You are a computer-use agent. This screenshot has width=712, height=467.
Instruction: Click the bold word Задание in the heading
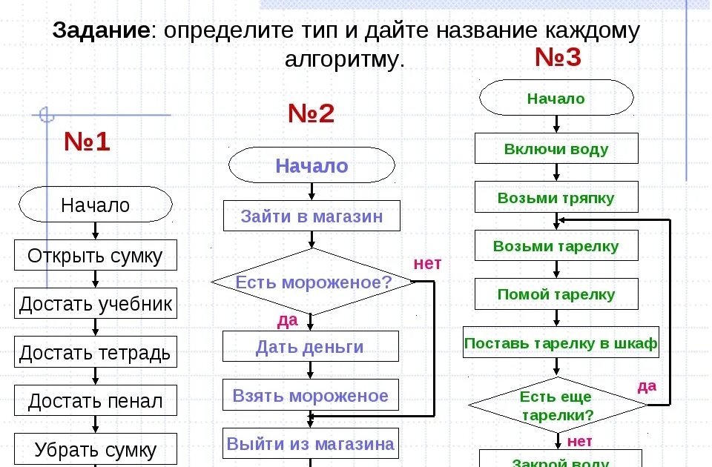tap(101, 32)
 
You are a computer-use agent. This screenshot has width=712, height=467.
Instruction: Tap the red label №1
tap(87, 142)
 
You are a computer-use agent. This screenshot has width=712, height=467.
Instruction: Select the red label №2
tap(311, 113)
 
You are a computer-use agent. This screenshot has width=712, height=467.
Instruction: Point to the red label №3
tap(558, 58)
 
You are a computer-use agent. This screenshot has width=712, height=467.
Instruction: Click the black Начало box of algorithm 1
tap(95, 205)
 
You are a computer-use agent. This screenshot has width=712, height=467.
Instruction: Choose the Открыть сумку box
tap(95, 256)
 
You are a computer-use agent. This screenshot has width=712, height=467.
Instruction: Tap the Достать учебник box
tap(96, 304)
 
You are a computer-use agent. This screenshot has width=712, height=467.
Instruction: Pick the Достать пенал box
tap(95, 401)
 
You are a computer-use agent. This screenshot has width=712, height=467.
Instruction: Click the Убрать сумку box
tap(96, 449)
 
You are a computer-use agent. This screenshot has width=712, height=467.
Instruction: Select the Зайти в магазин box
tap(311, 216)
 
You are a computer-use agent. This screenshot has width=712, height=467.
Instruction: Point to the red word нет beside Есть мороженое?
tap(427, 263)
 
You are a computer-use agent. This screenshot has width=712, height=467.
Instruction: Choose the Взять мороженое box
tap(311, 395)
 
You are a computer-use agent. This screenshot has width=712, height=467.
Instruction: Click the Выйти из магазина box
tap(311, 443)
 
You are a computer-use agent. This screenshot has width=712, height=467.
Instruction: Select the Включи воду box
tap(556, 149)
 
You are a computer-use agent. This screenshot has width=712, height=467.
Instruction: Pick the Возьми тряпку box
tap(556, 198)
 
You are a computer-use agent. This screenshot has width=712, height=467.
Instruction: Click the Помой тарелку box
tap(556, 294)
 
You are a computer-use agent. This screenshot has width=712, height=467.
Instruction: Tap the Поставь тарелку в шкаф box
tap(560, 343)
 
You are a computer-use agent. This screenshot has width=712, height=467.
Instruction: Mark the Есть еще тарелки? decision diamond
tap(557, 405)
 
